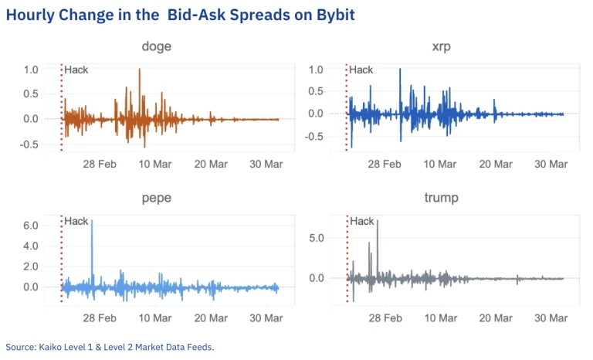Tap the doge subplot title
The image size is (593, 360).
pyautogui.click(x=157, y=47)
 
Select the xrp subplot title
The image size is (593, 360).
pyautogui.click(x=442, y=47)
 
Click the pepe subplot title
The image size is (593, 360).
pyautogui.click(x=157, y=199)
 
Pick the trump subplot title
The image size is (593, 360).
pyautogui.click(x=442, y=199)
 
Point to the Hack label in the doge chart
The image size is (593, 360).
pyautogui.click(x=76, y=70)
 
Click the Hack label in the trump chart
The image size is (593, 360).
pyautogui.click(x=361, y=222)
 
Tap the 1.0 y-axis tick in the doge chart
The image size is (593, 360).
pyautogui.click(x=31, y=70)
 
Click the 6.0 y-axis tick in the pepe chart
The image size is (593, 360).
pyautogui.click(x=31, y=226)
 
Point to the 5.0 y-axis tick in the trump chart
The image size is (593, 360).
pyautogui.click(x=317, y=238)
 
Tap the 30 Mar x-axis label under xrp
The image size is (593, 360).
pyautogui.click(x=551, y=164)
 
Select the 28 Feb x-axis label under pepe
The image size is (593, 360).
pyautogui.click(x=100, y=318)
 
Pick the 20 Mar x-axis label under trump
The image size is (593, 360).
pyautogui.click(x=496, y=318)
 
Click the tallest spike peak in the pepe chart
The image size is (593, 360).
pyautogui.click(x=92, y=221)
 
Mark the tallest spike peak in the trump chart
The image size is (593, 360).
pyautogui.click(x=377, y=221)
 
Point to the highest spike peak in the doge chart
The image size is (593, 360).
pyautogui.click(x=140, y=70)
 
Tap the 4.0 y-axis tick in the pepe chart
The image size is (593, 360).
pyautogui.click(x=31, y=246)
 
